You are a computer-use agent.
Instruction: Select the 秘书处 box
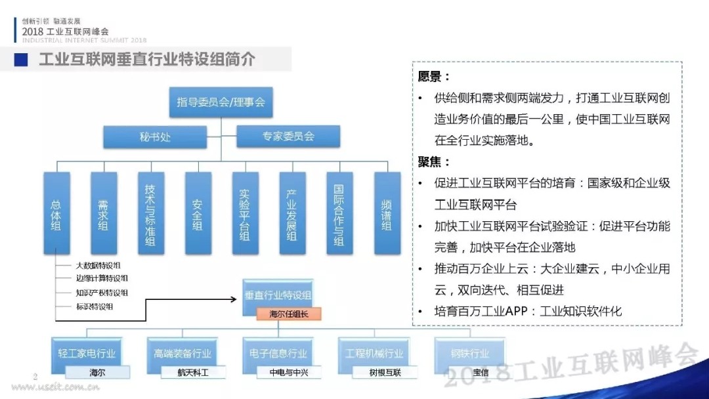(x=154, y=137)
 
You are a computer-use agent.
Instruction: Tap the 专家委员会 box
(x=288, y=136)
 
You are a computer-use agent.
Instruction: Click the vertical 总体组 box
(x=56, y=213)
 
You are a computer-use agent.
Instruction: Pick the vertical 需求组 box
(x=104, y=213)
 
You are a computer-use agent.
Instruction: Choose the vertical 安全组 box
(x=198, y=213)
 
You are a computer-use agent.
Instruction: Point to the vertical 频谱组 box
(x=387, y=213)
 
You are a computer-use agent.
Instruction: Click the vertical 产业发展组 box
(x=292, y=213)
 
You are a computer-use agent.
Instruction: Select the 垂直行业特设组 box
(x=278, y=295)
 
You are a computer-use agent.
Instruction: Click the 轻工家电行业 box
(x=87, y=353)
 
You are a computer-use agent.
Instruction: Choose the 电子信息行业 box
(x=278, y=353)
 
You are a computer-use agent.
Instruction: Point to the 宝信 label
(x=471, y=372)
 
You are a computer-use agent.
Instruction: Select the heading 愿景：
(x=434, y=77)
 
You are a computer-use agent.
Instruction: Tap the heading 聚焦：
(x=434, y=161)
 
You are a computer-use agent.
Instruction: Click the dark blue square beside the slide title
(x=22, y=60)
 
